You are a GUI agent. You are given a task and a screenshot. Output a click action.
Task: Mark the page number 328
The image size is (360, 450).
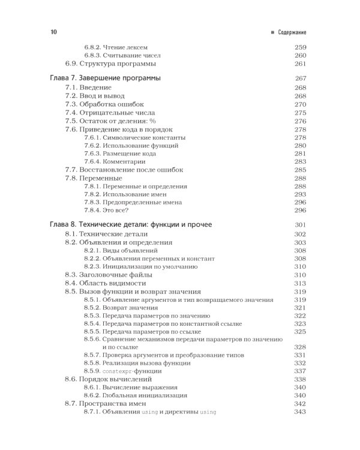pyautogui.click(x=301, y=347)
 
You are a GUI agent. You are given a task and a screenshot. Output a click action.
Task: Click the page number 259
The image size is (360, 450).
pyautogui.click(x=301, y=47)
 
